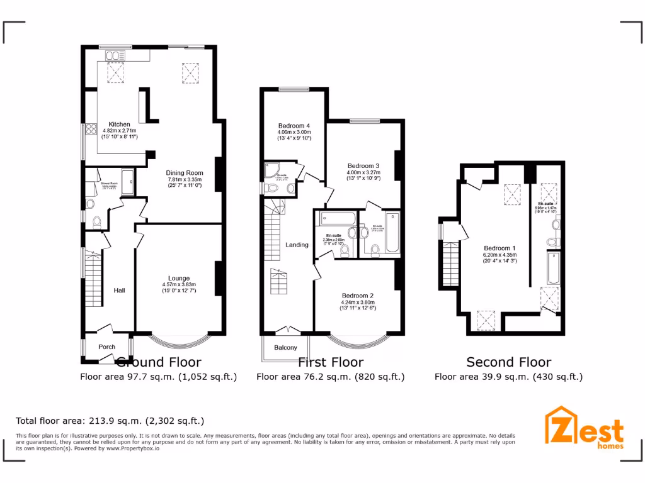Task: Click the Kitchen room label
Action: [x=119, y=125]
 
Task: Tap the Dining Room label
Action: [x=185, y=173]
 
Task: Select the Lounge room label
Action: [x=179, y=278]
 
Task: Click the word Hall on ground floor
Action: [x=119, y=291]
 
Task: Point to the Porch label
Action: [x=107, y=347]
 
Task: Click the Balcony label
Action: [x=285, y=348]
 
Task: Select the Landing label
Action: [x=297, y=245]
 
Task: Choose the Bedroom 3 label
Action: [x=363, y=166]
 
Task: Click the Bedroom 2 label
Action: [x=358, y=296]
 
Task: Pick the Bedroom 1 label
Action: [x=499, y=248]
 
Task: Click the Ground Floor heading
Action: [x=159, y=362]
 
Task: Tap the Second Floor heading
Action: [x=508, y=362]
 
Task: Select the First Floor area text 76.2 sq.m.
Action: [x=330, y=377]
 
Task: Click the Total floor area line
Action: [x=110, y=421]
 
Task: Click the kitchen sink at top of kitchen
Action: [x=115, y=57]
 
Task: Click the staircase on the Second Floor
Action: [x=450, y=264]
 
